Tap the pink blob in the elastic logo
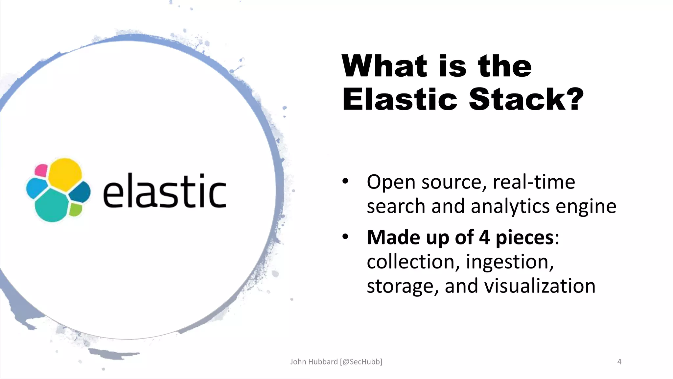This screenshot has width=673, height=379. (41, 170)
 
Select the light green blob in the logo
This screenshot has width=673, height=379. (76, 210)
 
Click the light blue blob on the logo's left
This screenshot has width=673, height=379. (36, 189)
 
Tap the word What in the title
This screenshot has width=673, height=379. (384, 66)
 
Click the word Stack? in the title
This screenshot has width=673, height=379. (526, 99)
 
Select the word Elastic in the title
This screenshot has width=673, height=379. (400, 99)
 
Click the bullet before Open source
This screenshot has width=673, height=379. (345, 181)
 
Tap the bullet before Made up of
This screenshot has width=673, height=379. (345, 237)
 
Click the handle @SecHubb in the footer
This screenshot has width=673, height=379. (361, 362)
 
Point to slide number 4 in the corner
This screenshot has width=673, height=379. (619, 362)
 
